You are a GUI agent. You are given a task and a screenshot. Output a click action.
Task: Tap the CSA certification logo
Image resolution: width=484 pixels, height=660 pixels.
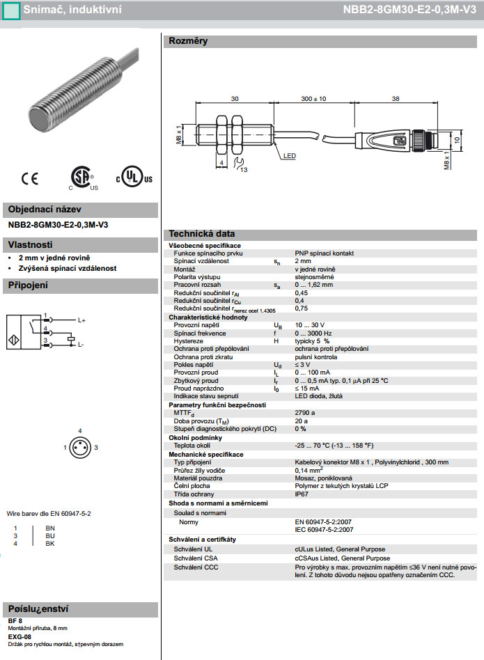tap(82, 178)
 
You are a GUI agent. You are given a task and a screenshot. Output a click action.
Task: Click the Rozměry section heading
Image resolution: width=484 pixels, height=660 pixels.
tap(188, 41)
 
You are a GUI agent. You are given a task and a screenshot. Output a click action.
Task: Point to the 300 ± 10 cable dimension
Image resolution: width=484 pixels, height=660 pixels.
tap(313, 99)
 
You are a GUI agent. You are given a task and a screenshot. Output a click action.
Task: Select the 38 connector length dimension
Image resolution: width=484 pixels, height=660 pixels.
tap(396, 99)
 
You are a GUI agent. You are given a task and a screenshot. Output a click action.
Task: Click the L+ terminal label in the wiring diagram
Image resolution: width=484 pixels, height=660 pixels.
tap(81, 320)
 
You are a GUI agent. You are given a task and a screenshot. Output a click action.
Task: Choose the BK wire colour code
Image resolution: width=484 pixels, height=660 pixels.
tap(49, 543)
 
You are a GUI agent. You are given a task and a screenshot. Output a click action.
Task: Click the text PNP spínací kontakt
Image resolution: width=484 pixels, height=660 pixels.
tap(325, 253)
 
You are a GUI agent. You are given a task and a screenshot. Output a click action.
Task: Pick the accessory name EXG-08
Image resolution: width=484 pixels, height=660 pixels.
tap(19, 636)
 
